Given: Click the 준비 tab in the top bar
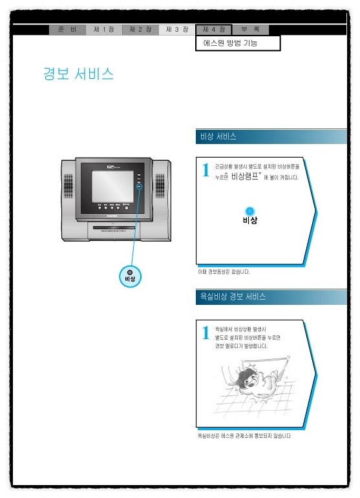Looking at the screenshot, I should pos(67,30).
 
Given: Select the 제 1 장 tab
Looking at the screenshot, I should pos(103,30).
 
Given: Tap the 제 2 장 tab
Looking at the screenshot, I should pos(140,30).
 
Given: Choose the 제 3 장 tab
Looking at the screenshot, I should pos(176,30).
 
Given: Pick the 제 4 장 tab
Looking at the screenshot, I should pos(213,30).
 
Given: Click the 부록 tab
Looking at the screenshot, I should pos(250,30).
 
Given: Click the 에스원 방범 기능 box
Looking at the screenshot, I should pos(238,43).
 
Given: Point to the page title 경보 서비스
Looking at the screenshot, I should pos(78,74).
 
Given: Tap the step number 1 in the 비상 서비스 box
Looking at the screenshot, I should pos(206,171).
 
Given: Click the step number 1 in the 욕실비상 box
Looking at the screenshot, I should pos(206,333).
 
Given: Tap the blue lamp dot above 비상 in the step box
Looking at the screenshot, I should pos(250,211).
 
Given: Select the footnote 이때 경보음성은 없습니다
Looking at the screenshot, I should pos(224,272).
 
